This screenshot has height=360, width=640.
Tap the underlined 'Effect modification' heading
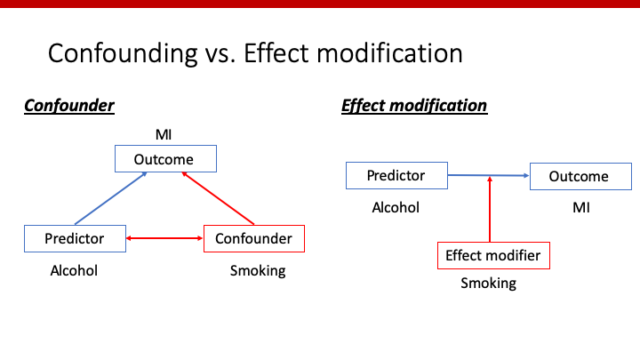pyautogui.click(x=414, y=104)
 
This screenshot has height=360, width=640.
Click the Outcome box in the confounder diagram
pyautogui.click(x=166, y=158)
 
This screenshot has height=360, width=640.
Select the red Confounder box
pyautogui.click(x=254, y=239)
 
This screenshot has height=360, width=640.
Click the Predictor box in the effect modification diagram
pyautogui.click(x=395, y=176)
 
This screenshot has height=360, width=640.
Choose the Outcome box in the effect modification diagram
pyautogui.click(x=580, y=177)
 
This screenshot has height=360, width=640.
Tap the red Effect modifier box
pyautogui.click(x=493, y=256)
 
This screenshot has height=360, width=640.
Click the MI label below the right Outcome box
pyautogui.click(x=580, y=208)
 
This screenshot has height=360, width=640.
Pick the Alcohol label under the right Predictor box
pyautogui.click(x=395, y=208)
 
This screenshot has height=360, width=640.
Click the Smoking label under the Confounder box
pyautogui.click(x=258, y=270)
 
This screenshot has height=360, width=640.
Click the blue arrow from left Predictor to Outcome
pyautogui.click(x=113, y=198)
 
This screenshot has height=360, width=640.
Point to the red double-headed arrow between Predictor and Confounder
pyautogui.click(x=165, y=239)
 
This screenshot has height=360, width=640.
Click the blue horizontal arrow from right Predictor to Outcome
pyautogui.click(x=487, y=177)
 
